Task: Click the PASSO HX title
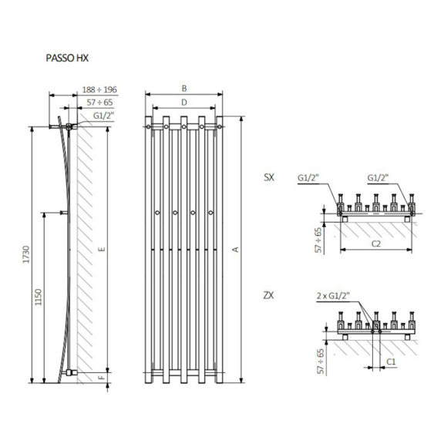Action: pyautogui.click(x=67, y=58)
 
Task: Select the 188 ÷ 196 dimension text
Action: pyautogui.click(x=99, y=89)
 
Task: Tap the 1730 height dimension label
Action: pyautogui.click(x=26, y=254)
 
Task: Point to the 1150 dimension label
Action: pyautogui.click(x=39, y=298)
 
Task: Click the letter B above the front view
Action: pyautogui.click(x=184, y=89)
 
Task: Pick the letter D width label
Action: pyautogui.click(x=184, y=103)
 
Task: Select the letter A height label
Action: pyautogui.click(x=236, y=250)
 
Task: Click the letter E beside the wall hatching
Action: pyautogui.click(x=103, y=249)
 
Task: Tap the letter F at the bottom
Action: pyautogui.click(x=103, y=378)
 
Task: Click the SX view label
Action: pyautogui.click(x=269, y=177)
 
